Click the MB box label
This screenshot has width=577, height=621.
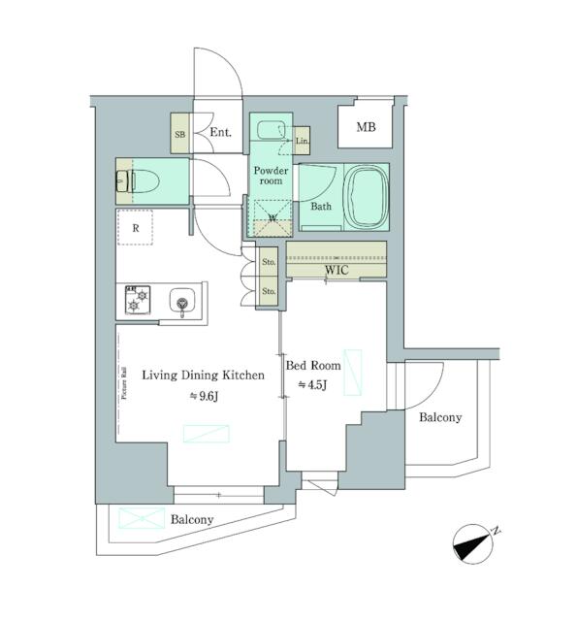365,128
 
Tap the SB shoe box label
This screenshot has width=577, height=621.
179,134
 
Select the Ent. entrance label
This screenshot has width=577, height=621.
220,134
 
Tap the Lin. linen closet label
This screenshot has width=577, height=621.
301,142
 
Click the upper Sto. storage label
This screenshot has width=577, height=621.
269,262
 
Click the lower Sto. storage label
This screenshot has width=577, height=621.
269,290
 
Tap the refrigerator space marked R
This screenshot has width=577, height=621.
137,229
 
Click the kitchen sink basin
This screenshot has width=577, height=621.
180,303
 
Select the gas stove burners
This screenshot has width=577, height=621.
135,302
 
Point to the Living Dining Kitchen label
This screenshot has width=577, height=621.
203,375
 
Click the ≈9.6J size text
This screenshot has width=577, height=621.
202,395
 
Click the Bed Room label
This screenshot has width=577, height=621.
312,366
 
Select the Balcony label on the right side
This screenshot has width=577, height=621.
440,418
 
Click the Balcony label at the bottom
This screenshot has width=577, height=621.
192,520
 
